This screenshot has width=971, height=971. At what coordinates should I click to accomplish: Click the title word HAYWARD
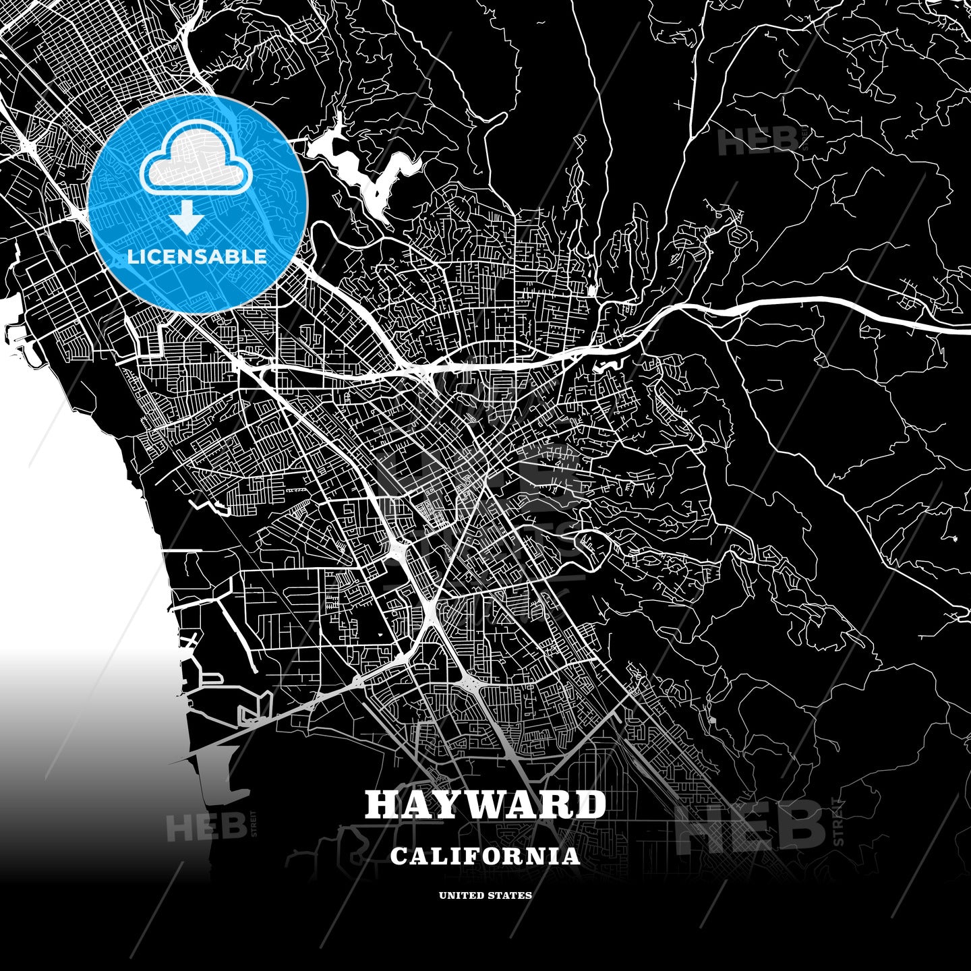coord(485,804)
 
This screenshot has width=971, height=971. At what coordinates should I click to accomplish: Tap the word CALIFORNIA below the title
coord(485,856)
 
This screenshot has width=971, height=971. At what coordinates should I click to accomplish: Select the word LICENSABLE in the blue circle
coord(198,257)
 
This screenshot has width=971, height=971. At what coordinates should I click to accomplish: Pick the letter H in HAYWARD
coord(383,804)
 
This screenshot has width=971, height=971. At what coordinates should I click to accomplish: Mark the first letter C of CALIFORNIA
coord(399,856)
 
